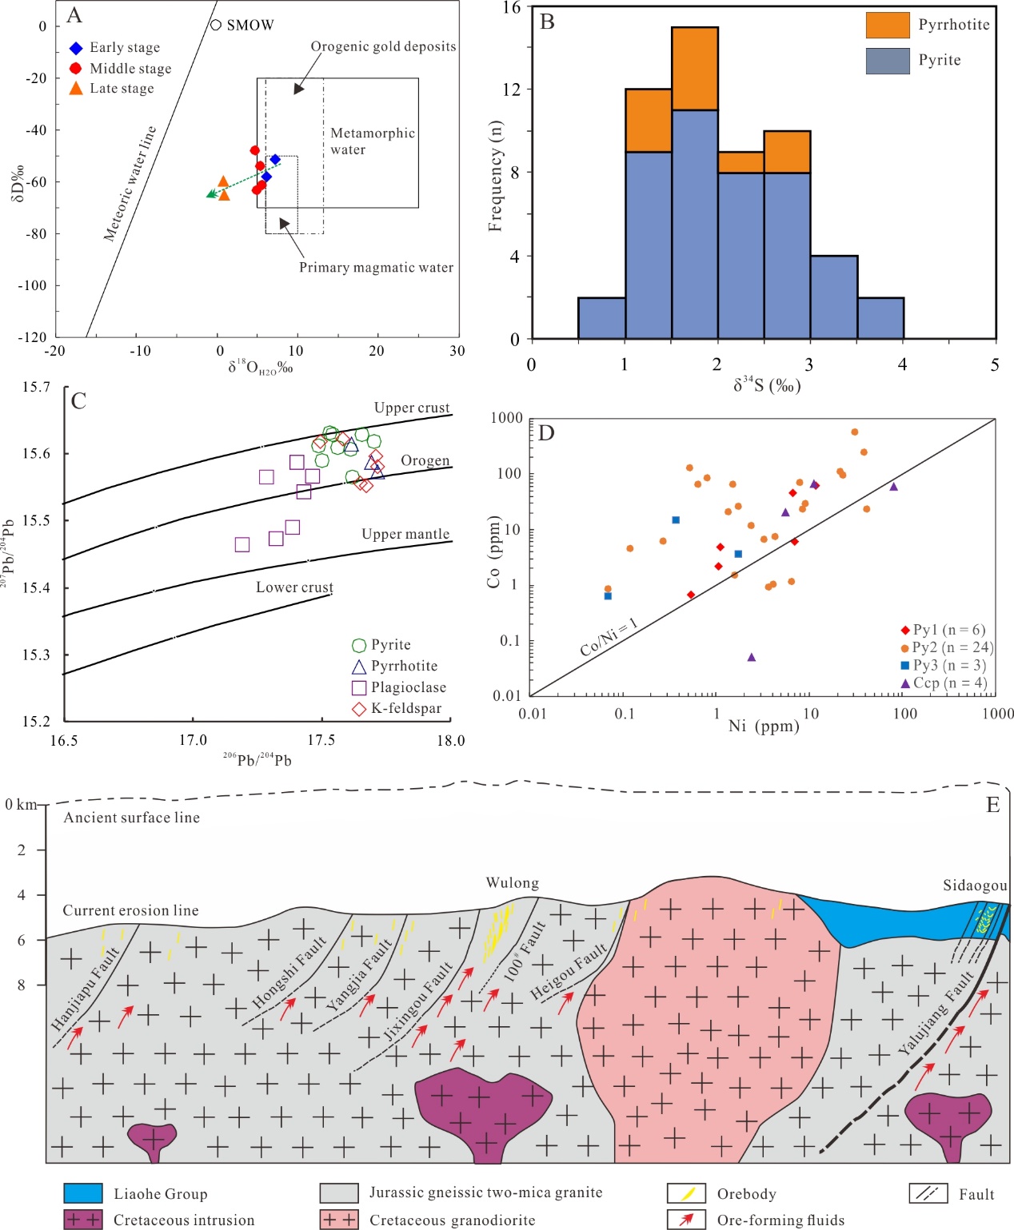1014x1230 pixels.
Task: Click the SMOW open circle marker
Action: [x=215, y=25]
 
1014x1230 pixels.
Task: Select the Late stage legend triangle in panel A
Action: [x=76, y=89]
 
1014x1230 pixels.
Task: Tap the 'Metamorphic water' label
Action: [x=373, y=141]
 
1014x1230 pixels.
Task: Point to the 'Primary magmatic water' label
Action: [x=376, y=267]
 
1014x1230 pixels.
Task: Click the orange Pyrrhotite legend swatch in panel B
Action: [x=887, y=25]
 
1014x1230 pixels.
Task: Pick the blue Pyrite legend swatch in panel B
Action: [x=887, y=61]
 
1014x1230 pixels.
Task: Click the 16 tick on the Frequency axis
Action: [x=512, y=8]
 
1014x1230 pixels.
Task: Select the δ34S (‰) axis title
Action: [x=767, y=386]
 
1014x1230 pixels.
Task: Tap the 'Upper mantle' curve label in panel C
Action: [x=405, y=534]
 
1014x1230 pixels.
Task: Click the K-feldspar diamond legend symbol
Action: [x=359, y=709]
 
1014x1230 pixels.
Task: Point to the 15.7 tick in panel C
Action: [x=36, y=388]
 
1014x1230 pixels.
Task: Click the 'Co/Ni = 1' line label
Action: [x=609, y=637]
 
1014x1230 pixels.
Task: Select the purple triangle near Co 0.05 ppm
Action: [x=751, y=657]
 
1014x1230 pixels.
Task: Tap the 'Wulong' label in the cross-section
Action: [x=513, y=883]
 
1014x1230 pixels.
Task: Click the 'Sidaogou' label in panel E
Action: [x=975, y=886]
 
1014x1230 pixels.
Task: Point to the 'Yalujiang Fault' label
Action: [x=936, y=1012]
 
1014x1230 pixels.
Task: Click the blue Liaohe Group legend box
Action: [x=83, y=1193]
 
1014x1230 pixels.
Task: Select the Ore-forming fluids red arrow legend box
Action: [x=686, y=1220]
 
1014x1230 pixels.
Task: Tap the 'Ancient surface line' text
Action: [x=132, y=818]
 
